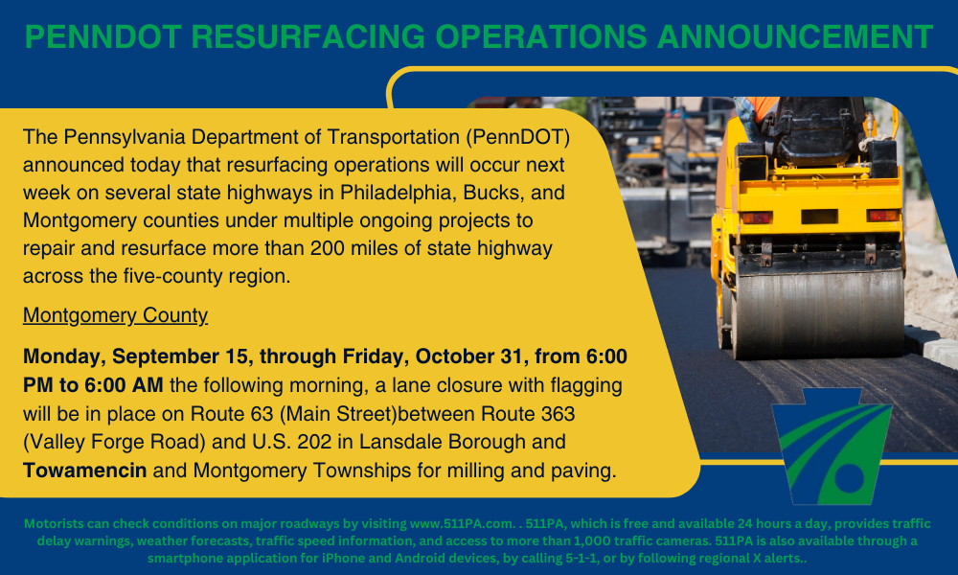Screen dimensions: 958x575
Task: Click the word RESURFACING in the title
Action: (308, 36)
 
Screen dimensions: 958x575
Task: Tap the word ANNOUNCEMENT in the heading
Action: (794, 36)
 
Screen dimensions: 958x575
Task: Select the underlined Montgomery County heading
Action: (116, 315)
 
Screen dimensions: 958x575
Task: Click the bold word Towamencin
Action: (85, 471)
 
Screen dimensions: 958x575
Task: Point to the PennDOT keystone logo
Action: (832, 446)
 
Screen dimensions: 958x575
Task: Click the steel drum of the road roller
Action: (817, 310)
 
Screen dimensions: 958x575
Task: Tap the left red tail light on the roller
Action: (757, 218)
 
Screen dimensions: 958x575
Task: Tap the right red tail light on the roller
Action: (882, 215)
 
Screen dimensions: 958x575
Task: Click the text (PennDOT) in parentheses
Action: (518, 137)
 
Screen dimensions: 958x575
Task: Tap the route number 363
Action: (558, 414)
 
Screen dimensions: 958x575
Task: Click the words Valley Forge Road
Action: (114, 442)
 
